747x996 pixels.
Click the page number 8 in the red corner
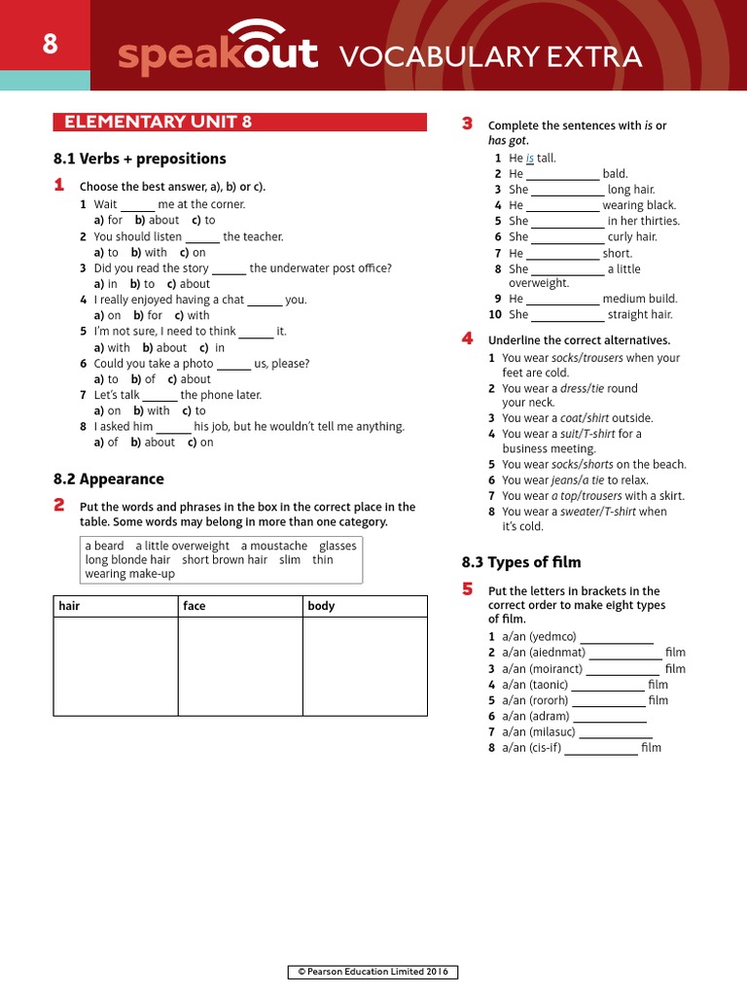50,45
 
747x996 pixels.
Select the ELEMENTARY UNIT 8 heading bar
239,122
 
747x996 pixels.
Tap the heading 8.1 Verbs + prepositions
139,159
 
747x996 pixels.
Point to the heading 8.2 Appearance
108,479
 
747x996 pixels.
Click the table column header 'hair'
69,606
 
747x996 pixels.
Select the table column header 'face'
195,606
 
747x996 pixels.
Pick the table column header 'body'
321,606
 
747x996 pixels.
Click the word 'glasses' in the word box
338,546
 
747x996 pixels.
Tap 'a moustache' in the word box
273,546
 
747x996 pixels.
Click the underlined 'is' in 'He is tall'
530,159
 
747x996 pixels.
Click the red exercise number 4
467,338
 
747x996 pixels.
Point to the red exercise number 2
59,504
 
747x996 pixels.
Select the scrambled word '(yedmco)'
552,637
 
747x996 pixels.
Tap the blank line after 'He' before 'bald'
563,175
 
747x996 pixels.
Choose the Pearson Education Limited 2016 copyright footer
373,973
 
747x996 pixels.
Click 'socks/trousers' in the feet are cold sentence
587,358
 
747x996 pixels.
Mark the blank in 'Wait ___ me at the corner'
138,205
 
